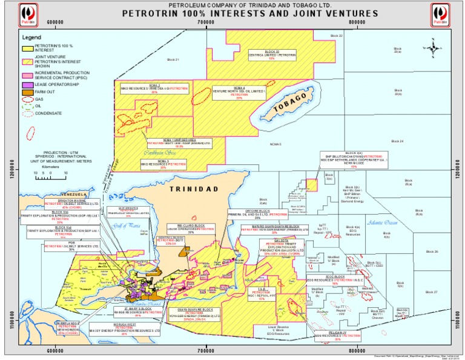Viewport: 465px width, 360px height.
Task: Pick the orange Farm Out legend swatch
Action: [27, 92]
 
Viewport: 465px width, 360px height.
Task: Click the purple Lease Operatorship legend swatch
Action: [27, 84]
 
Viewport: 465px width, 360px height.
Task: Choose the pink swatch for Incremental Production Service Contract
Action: [27, 75]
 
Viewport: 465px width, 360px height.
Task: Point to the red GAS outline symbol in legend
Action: [27, 98]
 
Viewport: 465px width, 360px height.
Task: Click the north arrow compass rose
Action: [434, 47]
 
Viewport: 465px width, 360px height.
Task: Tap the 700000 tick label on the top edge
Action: [206, 22]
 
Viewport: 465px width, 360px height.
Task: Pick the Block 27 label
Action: [431, 292]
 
